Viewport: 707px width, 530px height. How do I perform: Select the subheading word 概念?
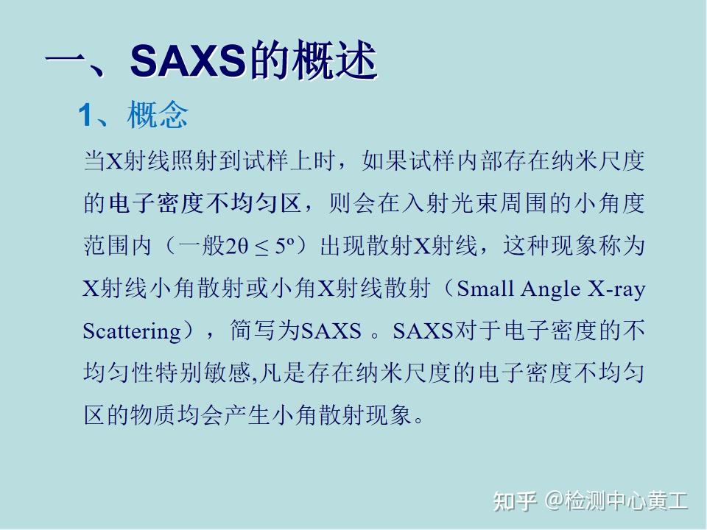click(x=158, y=115)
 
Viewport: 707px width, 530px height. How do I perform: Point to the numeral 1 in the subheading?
click(x=85, y=116)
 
